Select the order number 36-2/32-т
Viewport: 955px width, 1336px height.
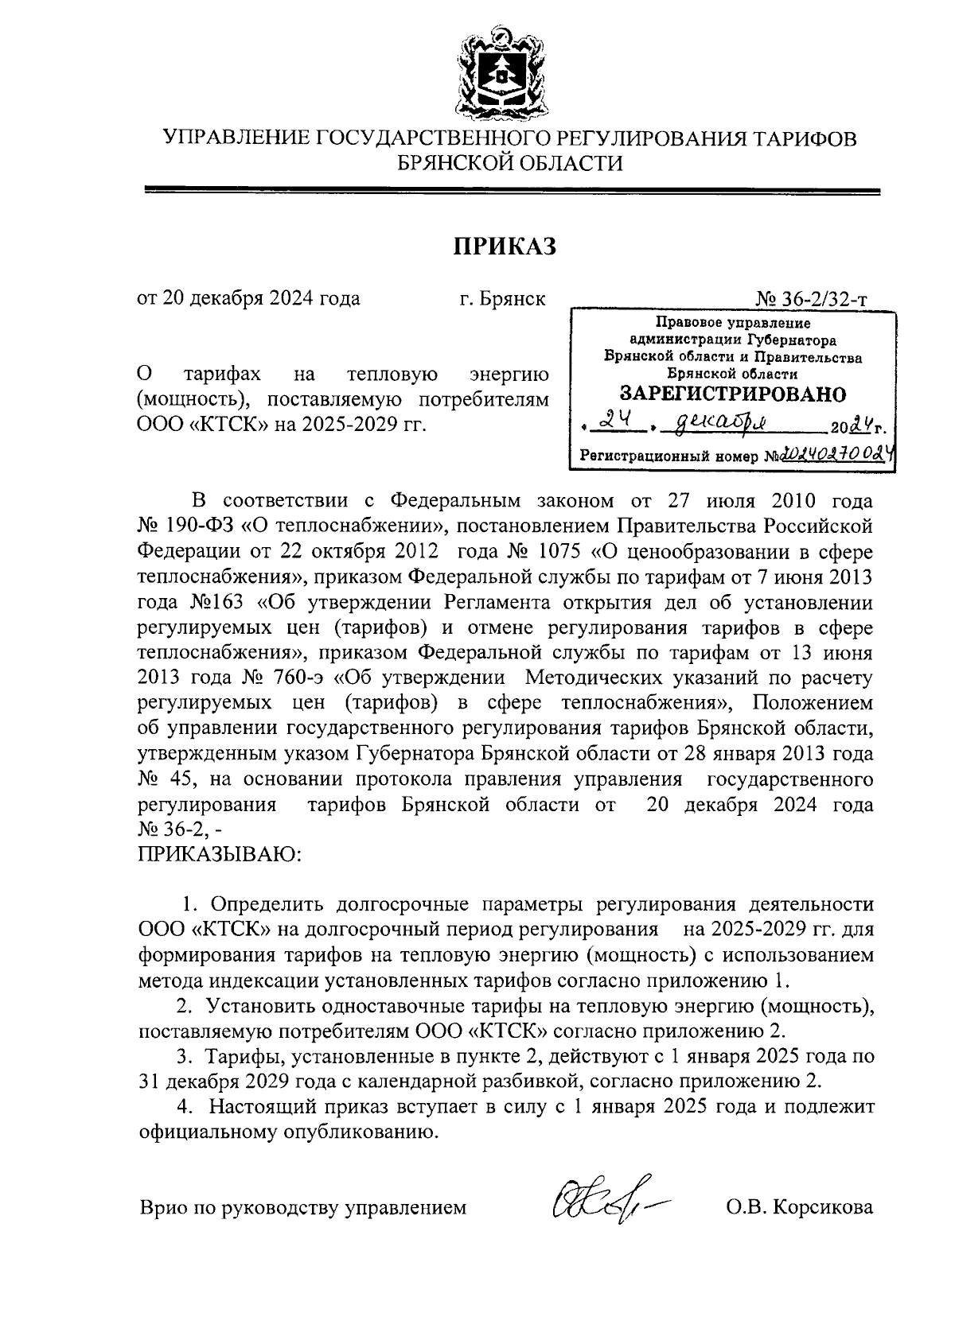pos(821,300)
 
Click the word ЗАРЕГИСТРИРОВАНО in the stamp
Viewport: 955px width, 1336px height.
pos(732,394)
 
